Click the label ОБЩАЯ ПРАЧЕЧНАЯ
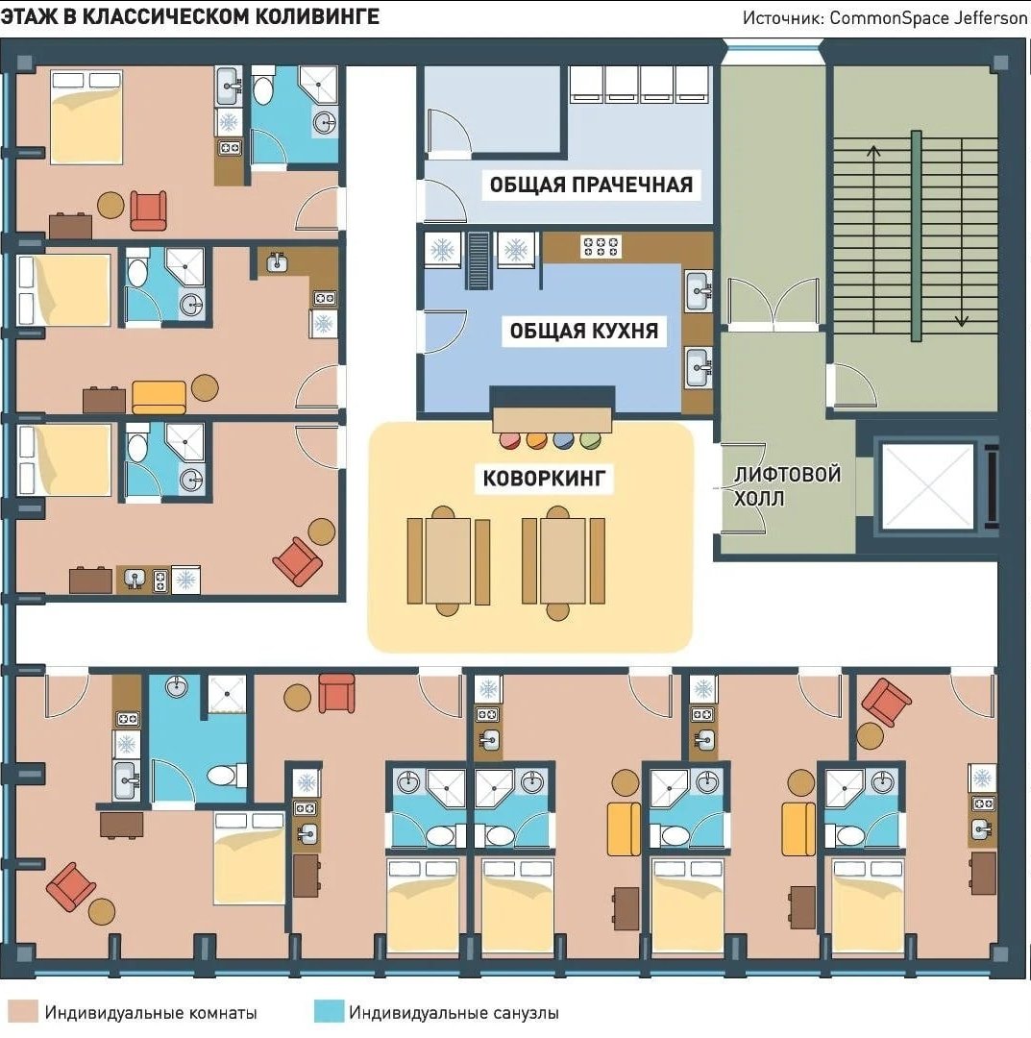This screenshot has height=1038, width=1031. (x=591, y=184)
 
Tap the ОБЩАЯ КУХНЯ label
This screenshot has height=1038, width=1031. (x=583, y=330)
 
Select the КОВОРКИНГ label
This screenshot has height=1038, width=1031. (x=544, y=478)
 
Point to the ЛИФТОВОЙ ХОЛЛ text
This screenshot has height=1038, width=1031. (x=787, y=486)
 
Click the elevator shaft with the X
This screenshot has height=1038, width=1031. (x=928, y=486)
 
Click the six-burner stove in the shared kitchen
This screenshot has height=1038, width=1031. (x=601, y=246)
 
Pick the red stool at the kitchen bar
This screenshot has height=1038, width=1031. (x=509, y=439)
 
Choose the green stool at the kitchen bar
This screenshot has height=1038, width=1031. (x=590, y=439)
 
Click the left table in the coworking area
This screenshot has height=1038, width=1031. (x=449, y=560)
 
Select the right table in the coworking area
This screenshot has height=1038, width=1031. (x=563, y=560)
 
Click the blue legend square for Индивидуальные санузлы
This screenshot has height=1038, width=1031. (x=329, y=1011)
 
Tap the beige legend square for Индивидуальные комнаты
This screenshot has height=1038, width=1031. (x=22, y=1011)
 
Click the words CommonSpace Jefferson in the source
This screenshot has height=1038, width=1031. (x=928, y=17)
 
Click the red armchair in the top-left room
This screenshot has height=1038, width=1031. (x=148, y=210)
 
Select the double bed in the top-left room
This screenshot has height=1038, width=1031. (x=86, y=116)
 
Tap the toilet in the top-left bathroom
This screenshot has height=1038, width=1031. (x=262, y=86)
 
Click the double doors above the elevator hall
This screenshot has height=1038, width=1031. (x=773, y=304)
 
